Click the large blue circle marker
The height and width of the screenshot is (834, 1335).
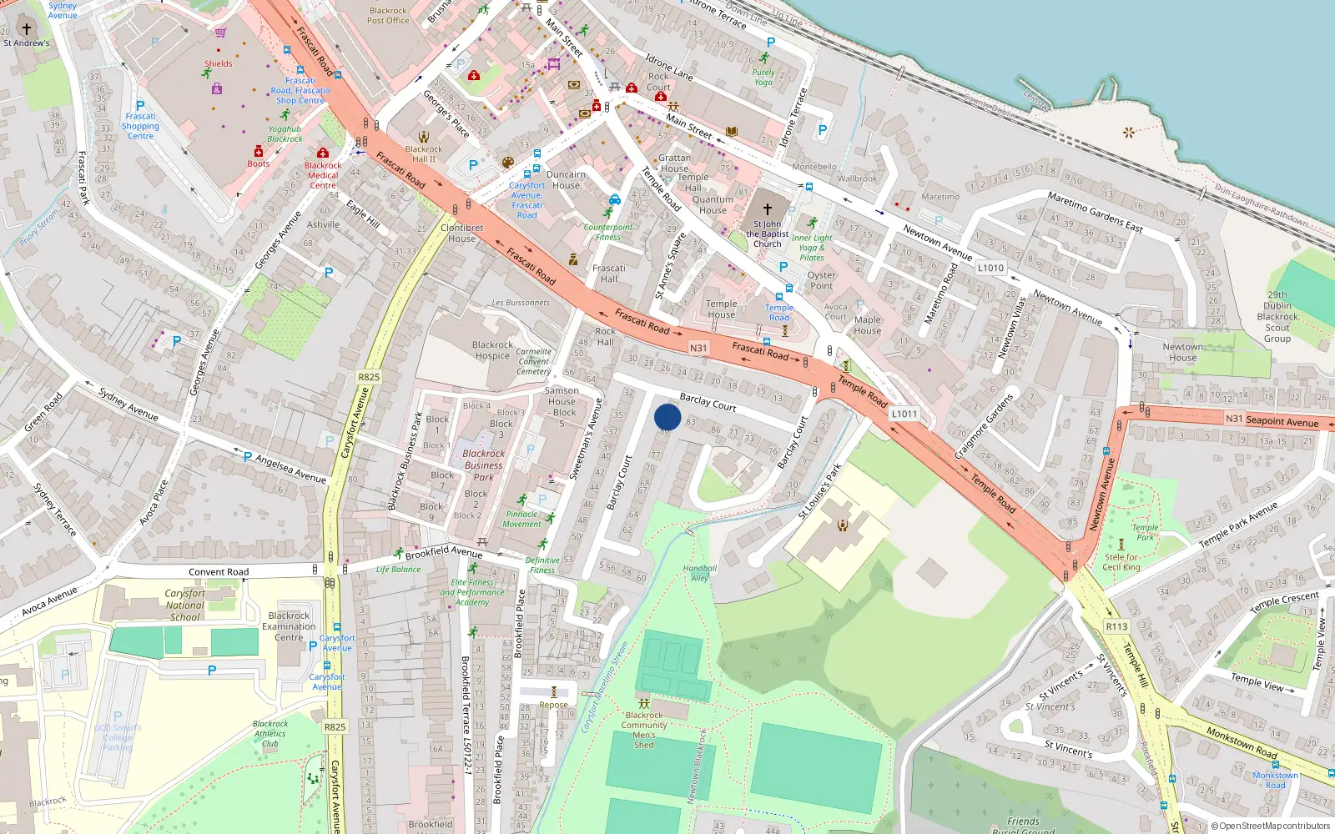click(x=667, y=416)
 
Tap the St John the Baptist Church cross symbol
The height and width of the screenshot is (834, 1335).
click(x=768, y=209)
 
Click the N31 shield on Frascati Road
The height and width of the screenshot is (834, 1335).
click(x=698, y=348)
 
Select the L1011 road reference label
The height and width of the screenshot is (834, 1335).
click(x=904, y=414)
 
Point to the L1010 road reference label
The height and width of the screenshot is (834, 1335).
click(x=990, y=268)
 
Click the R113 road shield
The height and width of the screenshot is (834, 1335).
click(x=1116, y=626)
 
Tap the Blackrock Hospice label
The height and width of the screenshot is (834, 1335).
click(x=492, y=350)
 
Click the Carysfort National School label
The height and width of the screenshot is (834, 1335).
click(x=184, y=605)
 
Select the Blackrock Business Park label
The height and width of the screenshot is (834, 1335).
click(x=484, y=465)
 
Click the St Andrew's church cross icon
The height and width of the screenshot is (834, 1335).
click(x=26, y=28)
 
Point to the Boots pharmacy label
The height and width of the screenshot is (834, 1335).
click(x=258, y=163)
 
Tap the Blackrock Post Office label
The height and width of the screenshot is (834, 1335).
click(x=388, y=16)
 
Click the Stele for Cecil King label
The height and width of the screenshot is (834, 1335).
click(x=1121, y=562)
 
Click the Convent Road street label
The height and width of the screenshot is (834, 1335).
click(x=219, y=572)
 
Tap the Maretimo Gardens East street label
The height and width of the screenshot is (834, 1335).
click(x=1095, y=212)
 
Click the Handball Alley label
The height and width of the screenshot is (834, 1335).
click(x=699, y=573)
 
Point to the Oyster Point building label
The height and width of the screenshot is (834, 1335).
click(x=821, y=280)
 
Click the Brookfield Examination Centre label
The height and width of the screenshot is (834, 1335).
click(x=289, y=626)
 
